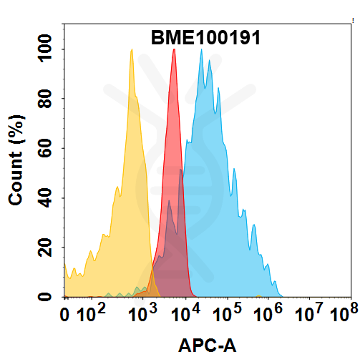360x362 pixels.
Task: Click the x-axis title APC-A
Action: pos(207,346)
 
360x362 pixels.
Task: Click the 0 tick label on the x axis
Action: pos(66,314)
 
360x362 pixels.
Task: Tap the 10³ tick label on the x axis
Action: pos(145,313)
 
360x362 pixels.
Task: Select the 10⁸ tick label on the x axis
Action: pos(343,313)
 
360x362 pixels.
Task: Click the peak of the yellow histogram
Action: pos(132,50)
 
